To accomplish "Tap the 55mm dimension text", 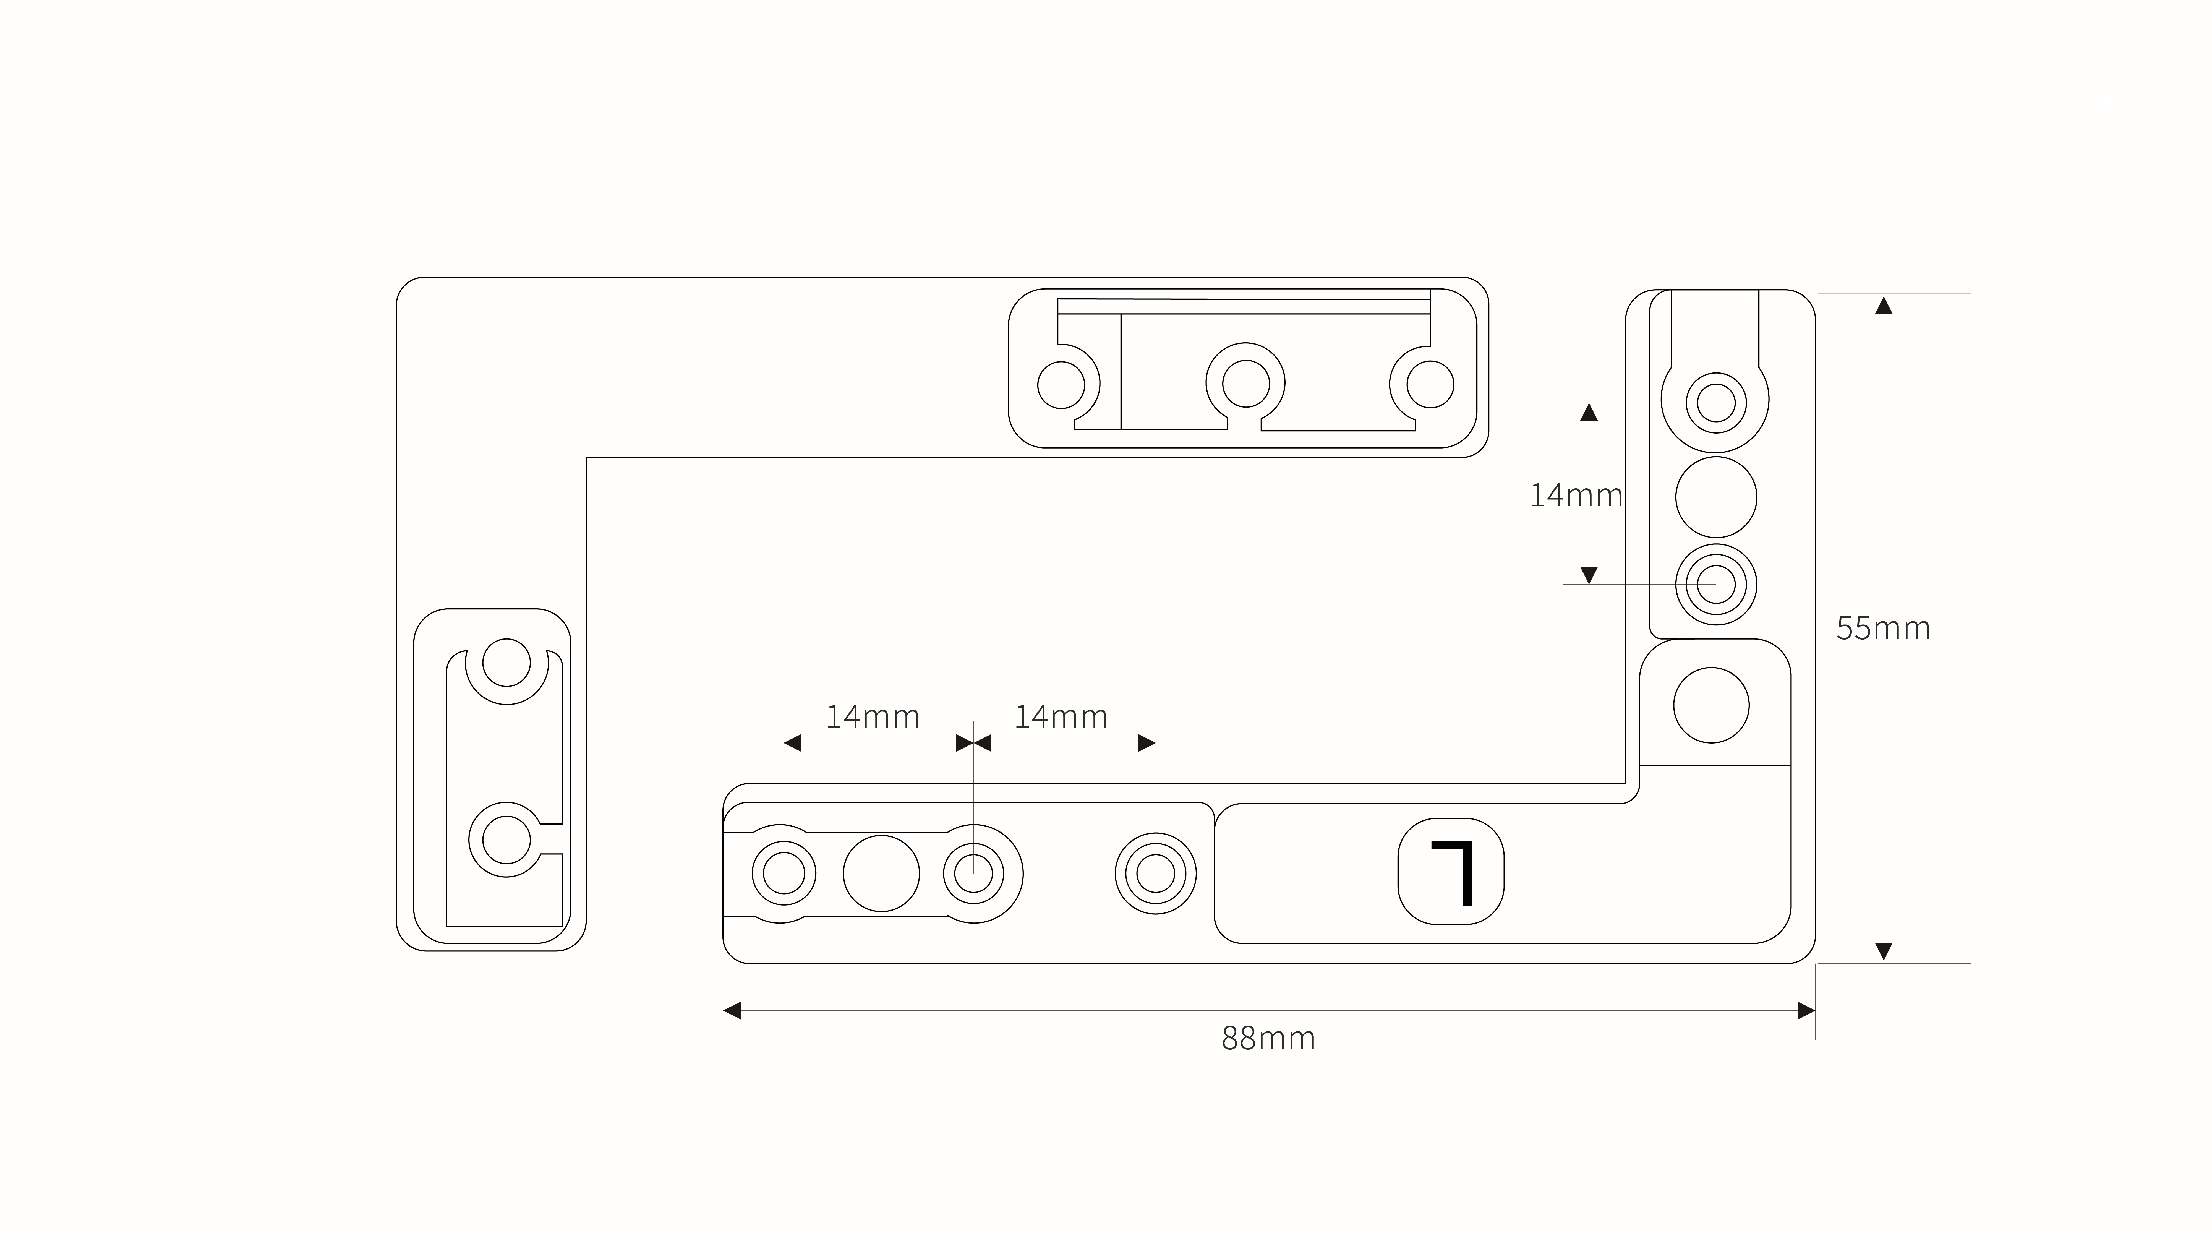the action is [1883, 629].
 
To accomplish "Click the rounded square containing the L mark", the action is [1451, 872].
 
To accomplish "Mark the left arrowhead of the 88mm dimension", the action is [732, 1011].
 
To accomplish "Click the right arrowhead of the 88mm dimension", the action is [1807, 1011].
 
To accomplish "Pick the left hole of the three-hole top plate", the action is [1061, 385].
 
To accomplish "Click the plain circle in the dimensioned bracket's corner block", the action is [1711, 705].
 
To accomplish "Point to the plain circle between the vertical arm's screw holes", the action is [1717, 497].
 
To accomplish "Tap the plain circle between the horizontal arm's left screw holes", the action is [881, 874].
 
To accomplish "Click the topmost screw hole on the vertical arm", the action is [1717, 403].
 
